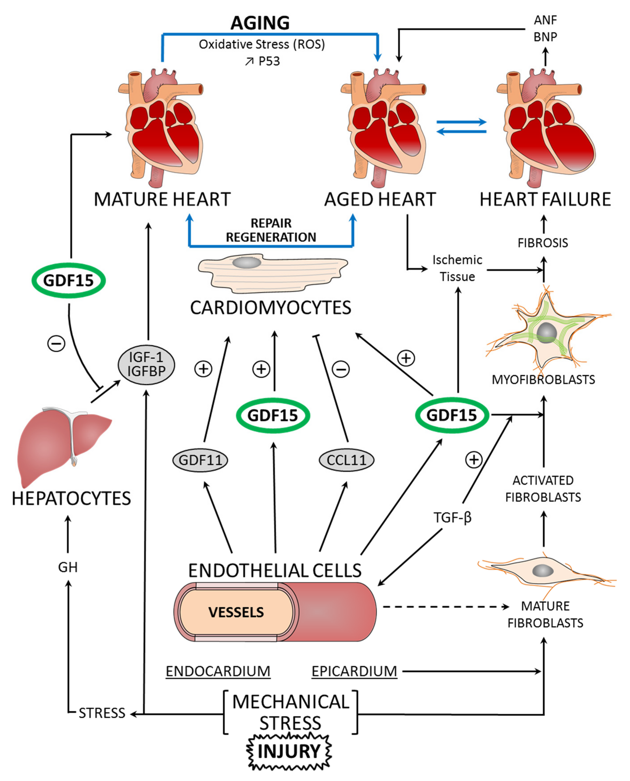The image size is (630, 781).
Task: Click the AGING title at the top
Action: (260, 23)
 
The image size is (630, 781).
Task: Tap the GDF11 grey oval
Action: (200, 460)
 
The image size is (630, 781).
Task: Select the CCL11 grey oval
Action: (346, 460)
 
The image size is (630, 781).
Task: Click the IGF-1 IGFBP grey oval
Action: (146, 365)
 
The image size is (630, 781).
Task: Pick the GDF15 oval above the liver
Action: (69, 280)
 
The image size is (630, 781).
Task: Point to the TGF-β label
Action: (452, 517)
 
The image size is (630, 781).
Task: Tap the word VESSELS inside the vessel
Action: (236, 612)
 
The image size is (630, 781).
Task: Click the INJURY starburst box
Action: (289, 751)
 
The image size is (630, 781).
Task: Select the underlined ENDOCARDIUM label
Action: (218, 671)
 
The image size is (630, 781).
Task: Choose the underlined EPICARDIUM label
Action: (354, 671)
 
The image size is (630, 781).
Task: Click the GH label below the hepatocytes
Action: (68, 567)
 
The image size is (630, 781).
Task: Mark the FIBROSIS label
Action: (543, 243)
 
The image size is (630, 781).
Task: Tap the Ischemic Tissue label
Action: (457, 268)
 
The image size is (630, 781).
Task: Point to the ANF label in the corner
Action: (545, 20)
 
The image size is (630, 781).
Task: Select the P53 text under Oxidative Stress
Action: (269, 61)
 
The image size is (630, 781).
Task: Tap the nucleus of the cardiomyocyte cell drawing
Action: (246, 262)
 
